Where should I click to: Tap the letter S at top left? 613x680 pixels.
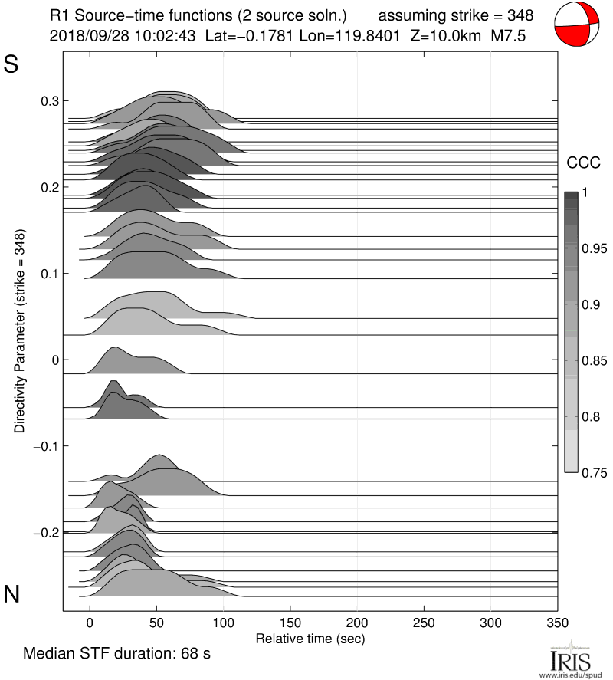pyautogui.click(x=11, y=64)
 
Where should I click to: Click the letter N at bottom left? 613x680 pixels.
pyautogui.click(x=11, y=593)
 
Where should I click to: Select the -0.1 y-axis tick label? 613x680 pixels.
pyautogui.click(x=45, y=446)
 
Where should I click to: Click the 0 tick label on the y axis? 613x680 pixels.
pyautogui.click(x=54, y=360)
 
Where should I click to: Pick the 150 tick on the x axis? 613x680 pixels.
pyautogui.click(x=290, y=622)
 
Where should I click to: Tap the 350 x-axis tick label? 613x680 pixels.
pyautogui.click(x=557, y=622)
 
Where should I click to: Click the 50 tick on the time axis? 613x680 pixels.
pyautogui.click(x=156, y=622)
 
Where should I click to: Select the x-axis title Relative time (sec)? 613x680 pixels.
pyautogui.click(x=310, y=638)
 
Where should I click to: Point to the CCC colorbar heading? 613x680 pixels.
pyautogui.click(x=582, y=163)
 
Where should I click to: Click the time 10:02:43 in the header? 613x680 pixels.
pyautogui.click(x=166, y=35)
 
